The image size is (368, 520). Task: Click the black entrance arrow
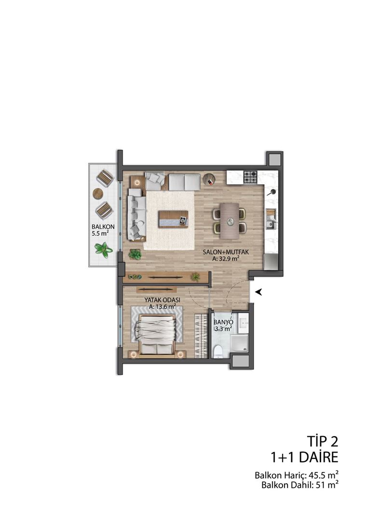[259, 291]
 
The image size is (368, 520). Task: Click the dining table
[229, 220]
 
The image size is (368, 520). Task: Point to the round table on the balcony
[98, 194]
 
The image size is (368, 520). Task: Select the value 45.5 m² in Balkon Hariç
[321, 476]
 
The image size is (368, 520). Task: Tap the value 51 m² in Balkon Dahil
[326, 485]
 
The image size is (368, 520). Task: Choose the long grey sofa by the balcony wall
[137, 215]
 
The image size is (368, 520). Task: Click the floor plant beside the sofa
[136, 254]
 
